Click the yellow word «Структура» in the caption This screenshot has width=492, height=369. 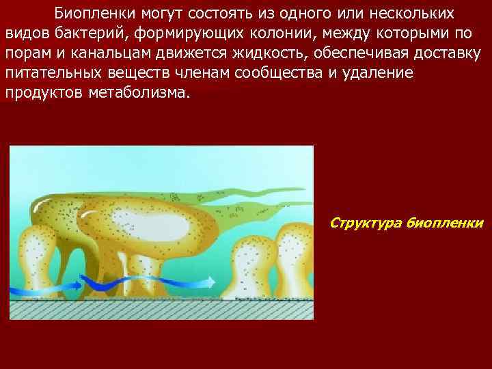tap(364, 223)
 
